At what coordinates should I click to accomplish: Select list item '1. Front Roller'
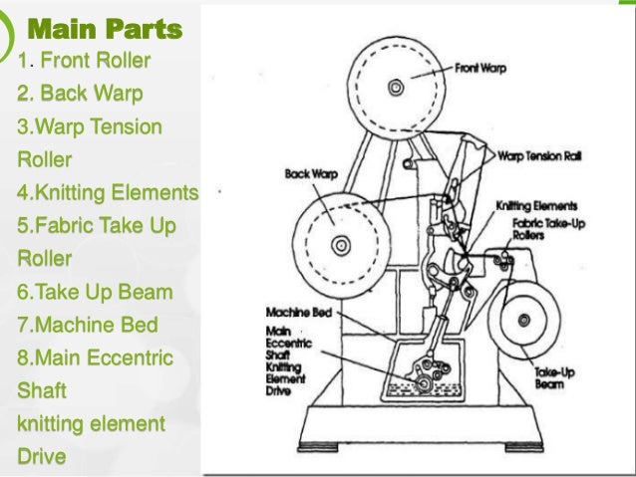[x=84, y=62]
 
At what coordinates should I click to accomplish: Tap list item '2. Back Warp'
[x=80, y=95]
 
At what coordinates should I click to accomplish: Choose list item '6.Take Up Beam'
[x=95, y=293]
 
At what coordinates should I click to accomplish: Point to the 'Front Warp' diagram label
[x=479, y=71]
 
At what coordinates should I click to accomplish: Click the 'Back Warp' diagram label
[x=311, y=173]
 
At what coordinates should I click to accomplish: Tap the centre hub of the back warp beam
[x=341, y=243]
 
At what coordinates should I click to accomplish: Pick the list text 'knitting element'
[x=91, y=424]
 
